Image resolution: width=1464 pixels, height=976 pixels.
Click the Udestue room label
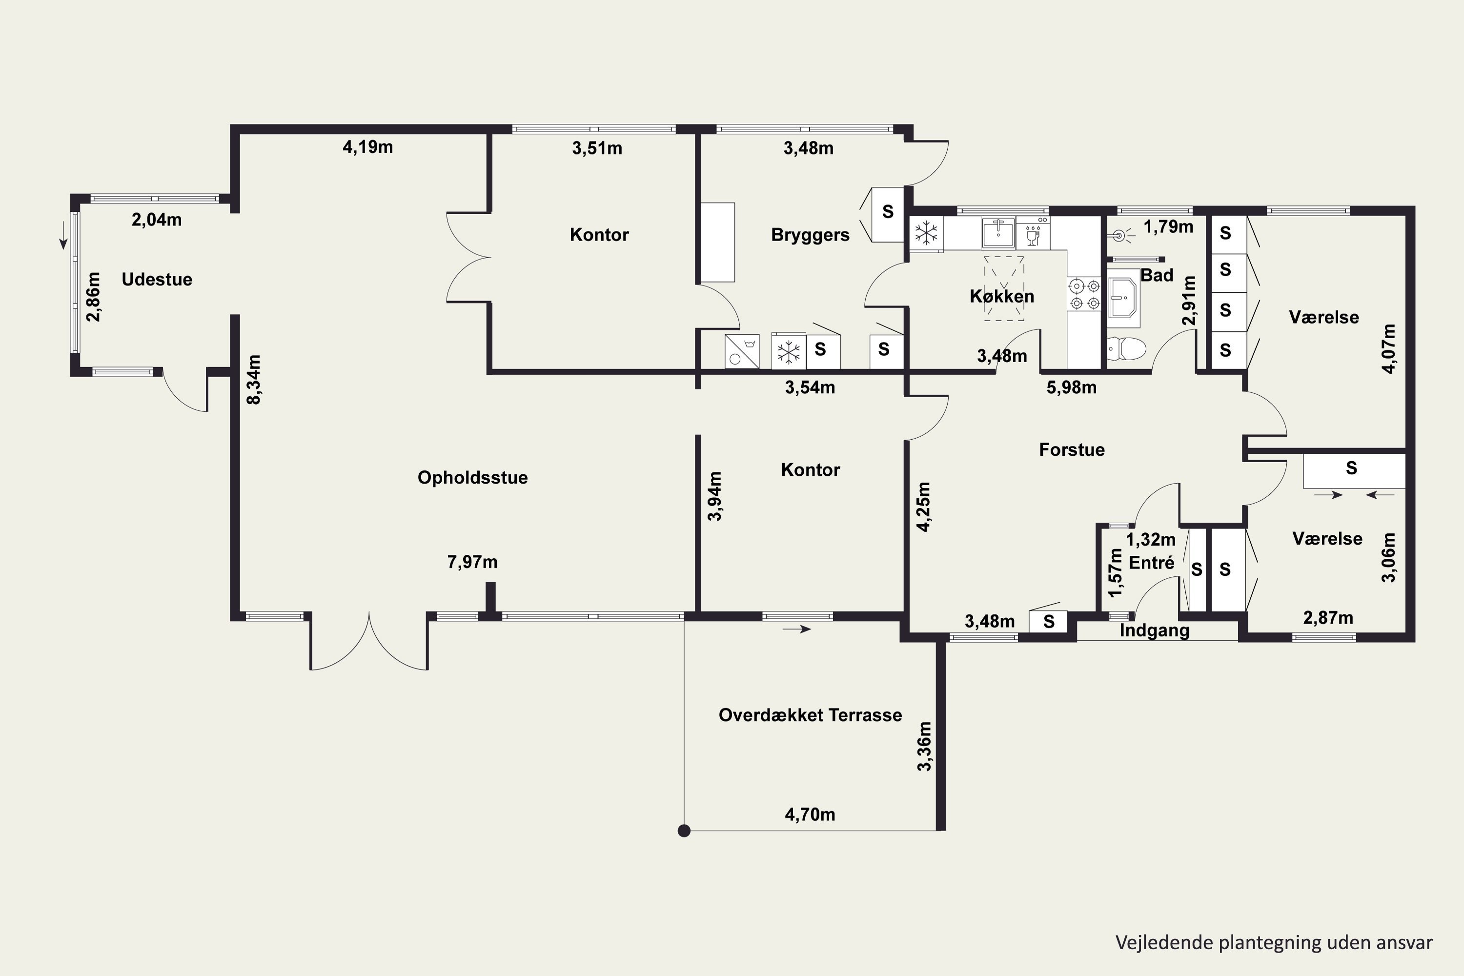(157, 280)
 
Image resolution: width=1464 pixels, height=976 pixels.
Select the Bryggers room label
(810, 235)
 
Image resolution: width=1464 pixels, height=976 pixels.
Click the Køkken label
(1001, 296)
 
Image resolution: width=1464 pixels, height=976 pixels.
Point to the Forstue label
(1072, 450)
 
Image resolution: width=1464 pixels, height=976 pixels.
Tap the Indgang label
(1155, 631)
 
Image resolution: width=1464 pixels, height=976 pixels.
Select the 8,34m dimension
(254, 380)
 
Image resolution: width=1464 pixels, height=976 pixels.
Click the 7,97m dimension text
(472, 563)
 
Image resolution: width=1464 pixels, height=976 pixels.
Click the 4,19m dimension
(368, 147)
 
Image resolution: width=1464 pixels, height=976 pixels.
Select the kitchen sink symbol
(998, 233)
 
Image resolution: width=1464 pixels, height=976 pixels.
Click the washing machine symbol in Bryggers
(742, 351)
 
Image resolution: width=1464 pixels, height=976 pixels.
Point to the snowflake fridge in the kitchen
(926, 233)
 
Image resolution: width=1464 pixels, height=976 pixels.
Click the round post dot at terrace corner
(684, 831)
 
